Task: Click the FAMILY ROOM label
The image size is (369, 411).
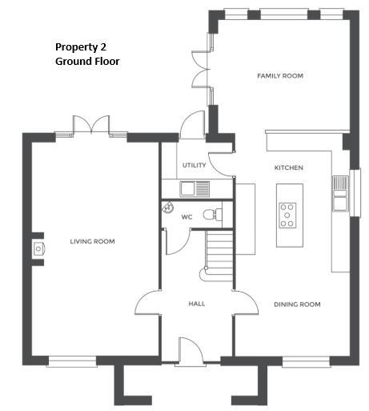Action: pos(279,75)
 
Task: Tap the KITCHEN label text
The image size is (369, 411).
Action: pos(288,167)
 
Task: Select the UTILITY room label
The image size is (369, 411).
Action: pos(194,165)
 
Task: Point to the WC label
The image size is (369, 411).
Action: pos(187,216)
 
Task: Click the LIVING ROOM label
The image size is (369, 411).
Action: pos(91,241)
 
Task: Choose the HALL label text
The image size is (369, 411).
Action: pos(197,304)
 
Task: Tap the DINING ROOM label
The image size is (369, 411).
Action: pos(297,304)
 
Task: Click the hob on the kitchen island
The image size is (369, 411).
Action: pos(287,216)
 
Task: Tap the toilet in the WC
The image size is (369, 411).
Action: pos(211,214)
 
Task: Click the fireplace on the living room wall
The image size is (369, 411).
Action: pos(38,249)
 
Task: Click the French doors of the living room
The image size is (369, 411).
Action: pos(91,127)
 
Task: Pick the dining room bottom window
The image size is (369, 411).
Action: pos(305,361)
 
